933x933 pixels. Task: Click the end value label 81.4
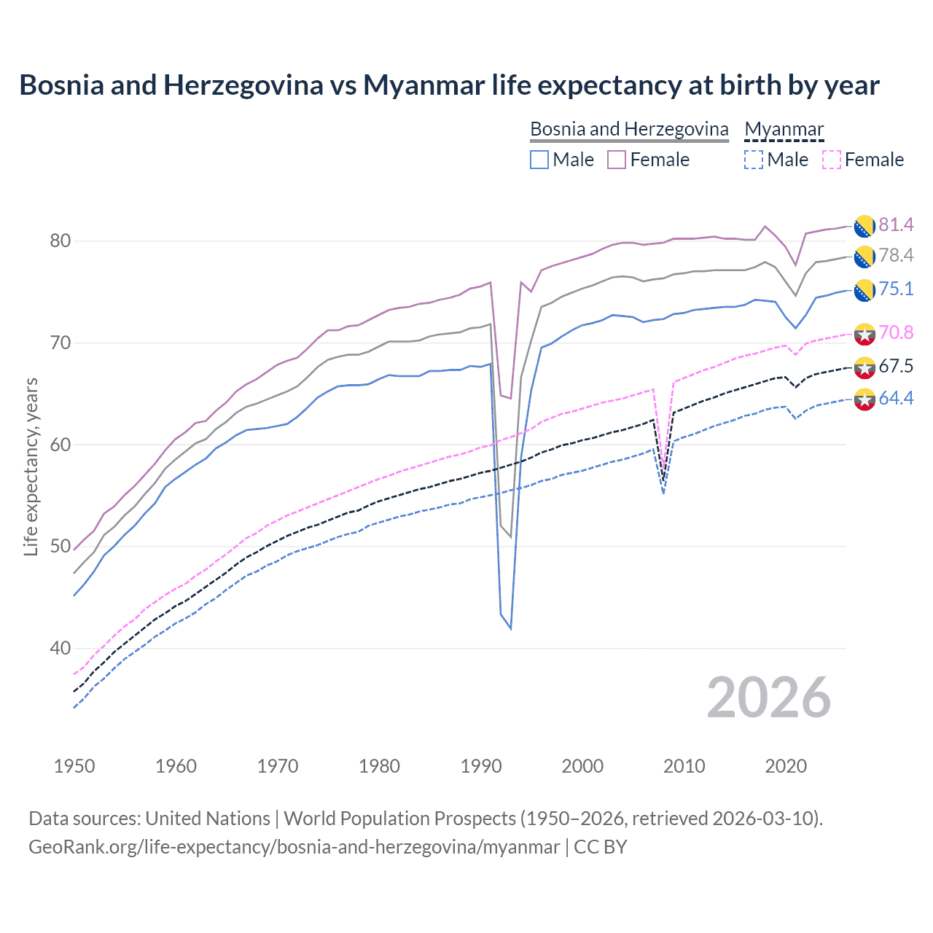[x=896, y=225]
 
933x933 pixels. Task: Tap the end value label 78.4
[x=896, y=255]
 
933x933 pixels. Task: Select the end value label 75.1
[x=896, y=289]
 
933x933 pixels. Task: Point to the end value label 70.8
[x=896, y=332]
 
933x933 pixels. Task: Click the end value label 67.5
[x=896, y=366]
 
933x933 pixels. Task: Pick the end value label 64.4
[x=896, y=398]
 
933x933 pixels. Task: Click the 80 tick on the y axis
[x=60, y=241]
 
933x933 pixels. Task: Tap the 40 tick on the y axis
[x=60, y=648]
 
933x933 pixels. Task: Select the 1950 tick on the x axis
[x=74, y=766]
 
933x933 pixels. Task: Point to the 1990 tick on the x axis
[x=481, y=766]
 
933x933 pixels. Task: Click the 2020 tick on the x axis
[x=786, y=766]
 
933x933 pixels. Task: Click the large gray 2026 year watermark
[x=768, y=698]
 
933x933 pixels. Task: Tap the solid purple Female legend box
[x=617, y=160]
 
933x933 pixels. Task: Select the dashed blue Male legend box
[x=754, y=160]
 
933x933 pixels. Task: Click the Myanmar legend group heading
[x=784, y=129]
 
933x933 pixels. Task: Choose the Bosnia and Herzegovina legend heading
[x=629, y=129]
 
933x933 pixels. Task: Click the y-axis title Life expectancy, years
[x=31, y=466]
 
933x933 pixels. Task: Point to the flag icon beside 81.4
[x=864, y=226]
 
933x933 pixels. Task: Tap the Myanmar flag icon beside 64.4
[x=864, y=399]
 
